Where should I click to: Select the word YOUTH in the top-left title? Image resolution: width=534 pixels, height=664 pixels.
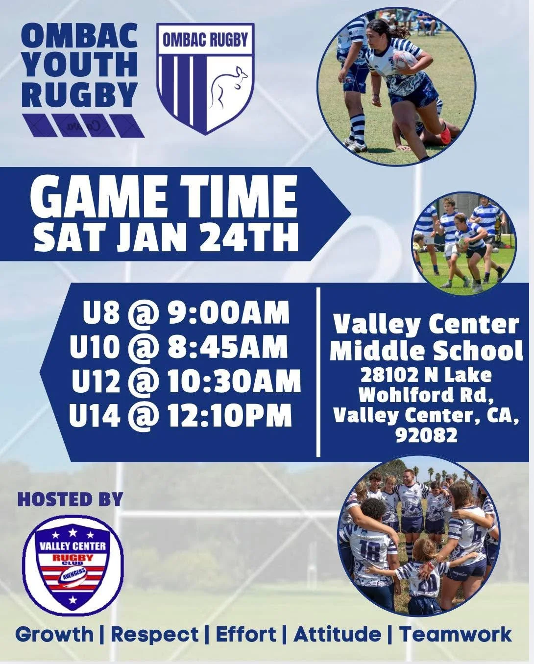click(79, 64)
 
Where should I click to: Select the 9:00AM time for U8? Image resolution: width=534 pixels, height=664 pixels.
click(228, 313)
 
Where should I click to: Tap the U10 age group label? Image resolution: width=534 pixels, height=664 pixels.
click(94, 347)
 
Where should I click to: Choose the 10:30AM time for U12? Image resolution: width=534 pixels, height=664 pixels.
click(234, 381)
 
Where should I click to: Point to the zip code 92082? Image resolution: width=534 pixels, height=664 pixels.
click(426, 435)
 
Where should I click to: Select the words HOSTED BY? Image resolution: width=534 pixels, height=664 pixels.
click(70, 499)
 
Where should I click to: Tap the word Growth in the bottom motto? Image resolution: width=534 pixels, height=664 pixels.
click(54, 635)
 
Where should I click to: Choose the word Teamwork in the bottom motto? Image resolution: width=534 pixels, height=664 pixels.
click(456, 635)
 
